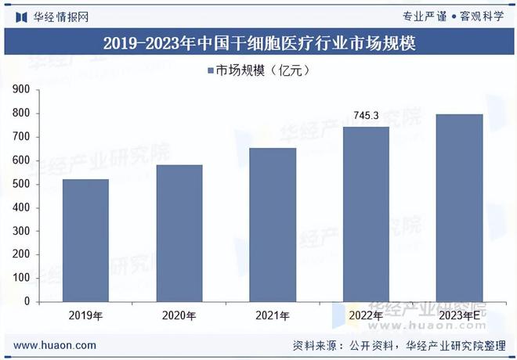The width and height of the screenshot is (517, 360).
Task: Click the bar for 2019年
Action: coord(85,240)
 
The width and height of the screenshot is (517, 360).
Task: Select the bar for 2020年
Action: coord(179,233)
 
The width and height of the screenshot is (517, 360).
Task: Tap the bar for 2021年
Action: coord(273,225)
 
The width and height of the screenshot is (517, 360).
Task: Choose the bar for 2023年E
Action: coord(459,207)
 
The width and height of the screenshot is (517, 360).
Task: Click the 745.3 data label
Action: coord(366,116)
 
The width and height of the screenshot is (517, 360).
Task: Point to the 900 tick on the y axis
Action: coord(21,90)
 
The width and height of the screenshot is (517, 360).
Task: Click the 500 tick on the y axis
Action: coord(21,184)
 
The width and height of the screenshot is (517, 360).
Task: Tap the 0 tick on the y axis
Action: coord(27,301)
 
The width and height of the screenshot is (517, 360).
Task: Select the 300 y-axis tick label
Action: coord(21,231)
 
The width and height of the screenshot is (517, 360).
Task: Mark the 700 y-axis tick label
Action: coord(21,137)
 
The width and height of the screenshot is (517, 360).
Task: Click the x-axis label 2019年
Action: coord(85,316)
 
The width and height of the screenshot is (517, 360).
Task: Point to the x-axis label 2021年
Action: coord(273,316)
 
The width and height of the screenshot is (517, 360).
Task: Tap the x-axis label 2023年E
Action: coord(459,316)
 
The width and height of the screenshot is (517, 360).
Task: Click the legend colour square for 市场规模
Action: coord(211,70)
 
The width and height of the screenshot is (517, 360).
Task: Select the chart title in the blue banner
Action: coord(258,43)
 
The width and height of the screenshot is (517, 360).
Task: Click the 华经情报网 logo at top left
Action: coord(52,16)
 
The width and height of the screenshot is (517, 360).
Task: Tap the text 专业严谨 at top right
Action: coord(424,16)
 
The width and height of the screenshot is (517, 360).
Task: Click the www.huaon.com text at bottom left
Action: coord(56,345)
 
